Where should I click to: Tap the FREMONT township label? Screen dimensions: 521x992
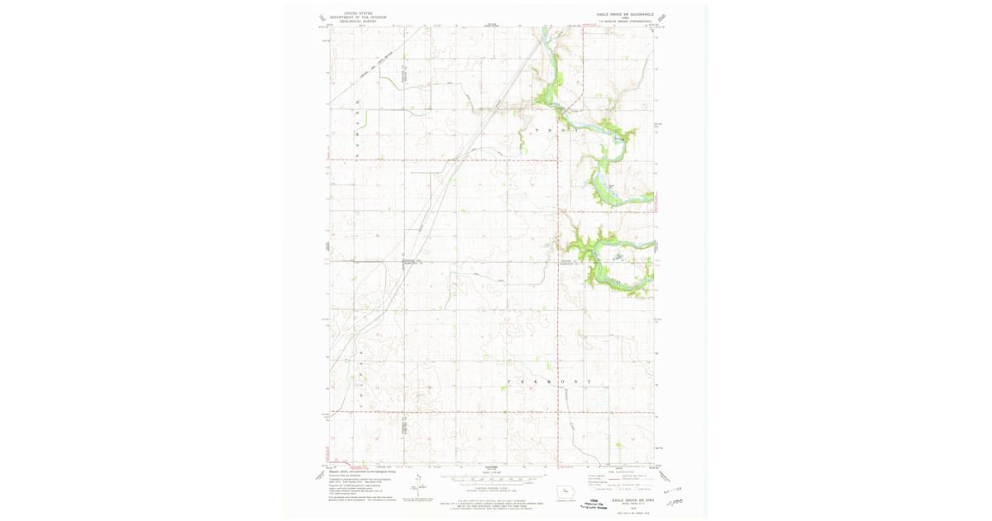(x=548, y=382)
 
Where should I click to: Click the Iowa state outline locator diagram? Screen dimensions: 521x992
(x=566, y=491)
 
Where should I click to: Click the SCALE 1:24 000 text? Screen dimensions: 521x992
(x=493, y=472)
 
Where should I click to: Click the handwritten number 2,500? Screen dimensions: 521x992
(x=678, y=501)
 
